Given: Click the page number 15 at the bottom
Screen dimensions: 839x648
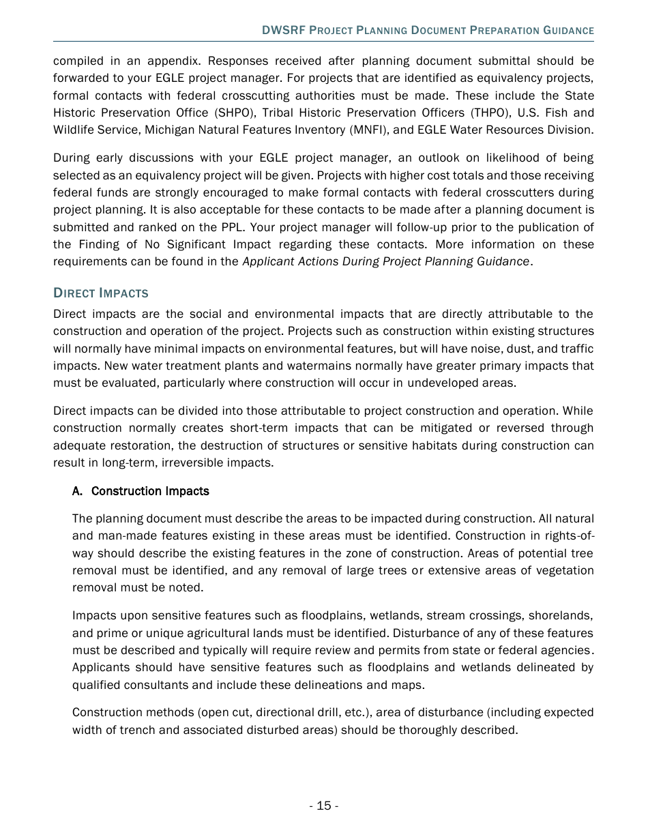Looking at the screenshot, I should (x=323, y=806).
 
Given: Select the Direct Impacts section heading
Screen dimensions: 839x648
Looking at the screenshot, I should (x=100, y=293).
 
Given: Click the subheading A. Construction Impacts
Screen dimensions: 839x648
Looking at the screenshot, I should (x=141, y=491).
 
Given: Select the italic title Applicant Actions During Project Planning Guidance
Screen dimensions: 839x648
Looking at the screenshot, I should (x=386, y=261).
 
